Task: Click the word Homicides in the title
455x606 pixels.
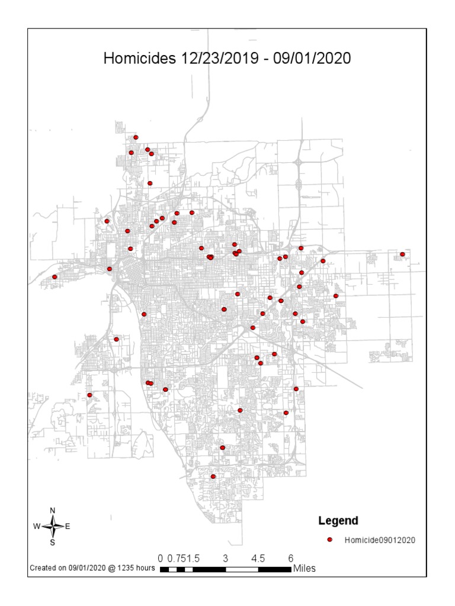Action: pyautogui.click(x=136, y=59)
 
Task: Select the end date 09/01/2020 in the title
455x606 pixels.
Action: pyautogui.click(x=312, y=59)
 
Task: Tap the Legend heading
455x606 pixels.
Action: pyautogui.click(x=338, y=521)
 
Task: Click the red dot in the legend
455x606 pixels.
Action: pyautogui.click(x=331, y=540)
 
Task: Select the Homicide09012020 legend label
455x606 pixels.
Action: pyautogui.click(x=380, y=540)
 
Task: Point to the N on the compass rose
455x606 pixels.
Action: pyautogui.click(x=53, y=511)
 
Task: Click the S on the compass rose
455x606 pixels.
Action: pyautogui.click(x=53, y=541)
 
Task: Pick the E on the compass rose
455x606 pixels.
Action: pyautogui.click(x=68, y=526)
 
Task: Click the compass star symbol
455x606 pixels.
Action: pyautogui.click(x=53, y=526)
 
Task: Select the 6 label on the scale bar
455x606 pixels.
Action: pyautogui.click(x=291, y=558)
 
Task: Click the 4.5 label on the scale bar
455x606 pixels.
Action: pyautogui.click(x=258, y=558)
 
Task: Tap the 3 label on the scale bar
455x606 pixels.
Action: pyautogui.click(x=226, y=558)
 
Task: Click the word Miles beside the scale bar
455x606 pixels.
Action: pyautogui.click(x=304, y=569)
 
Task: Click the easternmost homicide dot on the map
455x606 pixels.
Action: pyautogui.click(x=402, y=254)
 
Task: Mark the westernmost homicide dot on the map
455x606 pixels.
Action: pyautogui.click(x=55, y=276)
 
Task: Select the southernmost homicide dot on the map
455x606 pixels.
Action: pyautogui.click(x=213, y=476)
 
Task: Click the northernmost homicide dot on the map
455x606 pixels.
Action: pyautogui.click(x=136, y=137)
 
